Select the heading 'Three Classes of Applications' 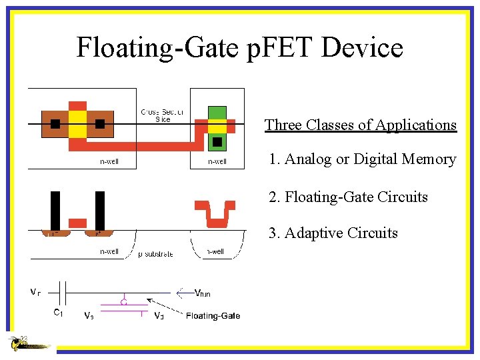tap(360, 125)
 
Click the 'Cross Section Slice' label tap(163, 116)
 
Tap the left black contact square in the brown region tap(55, 123)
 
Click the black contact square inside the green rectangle tap(217, 142)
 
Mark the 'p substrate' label tap(155, 254)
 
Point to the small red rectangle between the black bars tap(78, 222)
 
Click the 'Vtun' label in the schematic tap(202, 293)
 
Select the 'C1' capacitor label tap(59, 311)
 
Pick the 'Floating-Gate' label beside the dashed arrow tap(213, 315)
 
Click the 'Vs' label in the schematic tap(89, 315)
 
